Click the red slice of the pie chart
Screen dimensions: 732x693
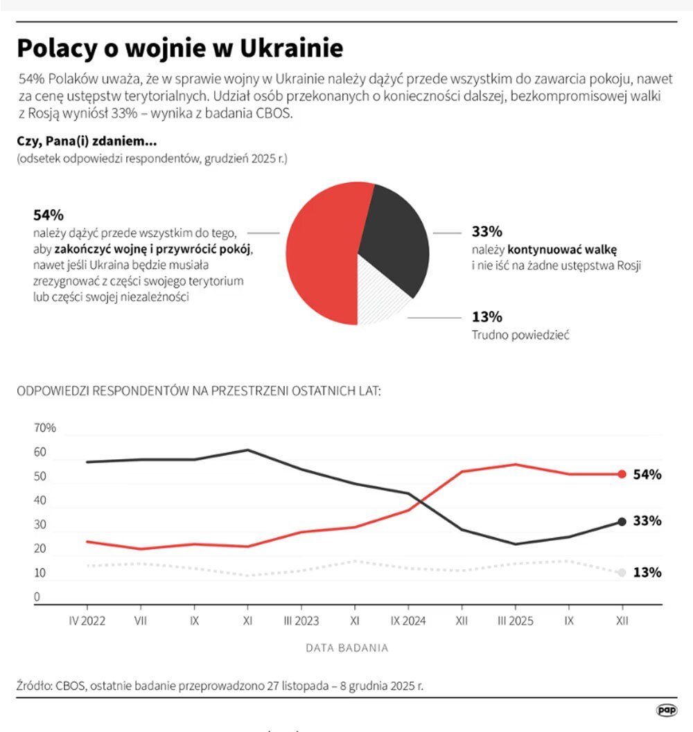[x=319, y=256]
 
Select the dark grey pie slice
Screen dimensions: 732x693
[x=395, y=235]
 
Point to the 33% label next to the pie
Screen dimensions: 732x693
[x=486, y=231]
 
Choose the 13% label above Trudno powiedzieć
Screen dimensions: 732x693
[x=486, y=317]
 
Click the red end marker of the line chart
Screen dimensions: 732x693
[x=622, y=474]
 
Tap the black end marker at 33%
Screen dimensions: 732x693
[x=622, y=521]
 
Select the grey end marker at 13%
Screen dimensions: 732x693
[x=622, y=573]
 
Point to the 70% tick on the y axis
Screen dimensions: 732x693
[x=44, y=428]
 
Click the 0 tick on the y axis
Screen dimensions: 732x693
[x=37, y=597]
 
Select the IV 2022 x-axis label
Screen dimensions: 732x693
[x=87, y=621]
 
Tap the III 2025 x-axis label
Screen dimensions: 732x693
[x=514, y=621]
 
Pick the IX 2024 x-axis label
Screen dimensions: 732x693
[x=407, y=621]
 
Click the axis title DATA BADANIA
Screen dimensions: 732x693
[x=346, y=648]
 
